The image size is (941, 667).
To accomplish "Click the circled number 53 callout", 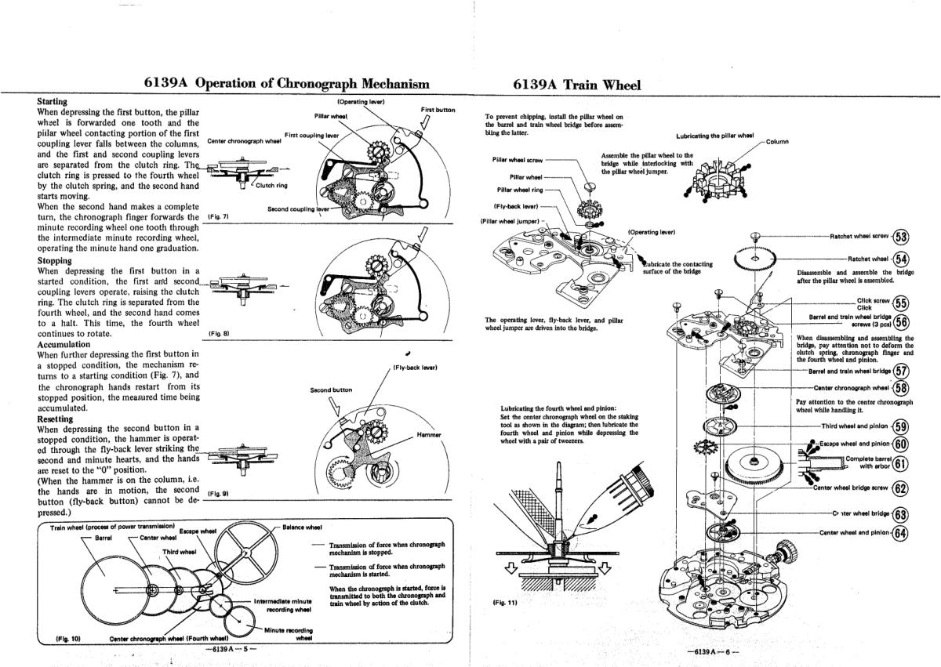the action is tap(901, 237).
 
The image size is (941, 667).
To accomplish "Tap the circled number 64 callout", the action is tap(901, 533).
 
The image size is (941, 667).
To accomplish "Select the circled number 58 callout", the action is tap(901, 388).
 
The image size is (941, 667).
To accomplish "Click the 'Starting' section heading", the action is tap(52, 102).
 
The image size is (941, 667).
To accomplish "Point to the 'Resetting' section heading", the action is tap(55, 419).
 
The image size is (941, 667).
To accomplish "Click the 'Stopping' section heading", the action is tap(55, 261).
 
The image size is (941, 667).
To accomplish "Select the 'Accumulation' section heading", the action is tap(64, 345).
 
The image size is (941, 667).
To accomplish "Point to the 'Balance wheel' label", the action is tap(302, 527).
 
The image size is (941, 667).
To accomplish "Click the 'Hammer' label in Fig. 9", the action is tap(429, 435).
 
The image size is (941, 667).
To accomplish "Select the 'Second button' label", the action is tap(331, 390).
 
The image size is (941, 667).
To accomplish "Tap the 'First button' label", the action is tap(438, 110).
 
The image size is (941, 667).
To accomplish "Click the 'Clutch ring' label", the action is tap(271, 186).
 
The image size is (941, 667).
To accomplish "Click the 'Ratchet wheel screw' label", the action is tap(859, 237).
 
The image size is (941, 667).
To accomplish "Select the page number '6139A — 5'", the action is tap(231, 649).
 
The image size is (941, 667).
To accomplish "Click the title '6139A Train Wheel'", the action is tap(577, 85).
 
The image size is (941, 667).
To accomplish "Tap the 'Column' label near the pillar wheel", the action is tap(777, 142).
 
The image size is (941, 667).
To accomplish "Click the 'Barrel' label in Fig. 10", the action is tap(104, 538).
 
